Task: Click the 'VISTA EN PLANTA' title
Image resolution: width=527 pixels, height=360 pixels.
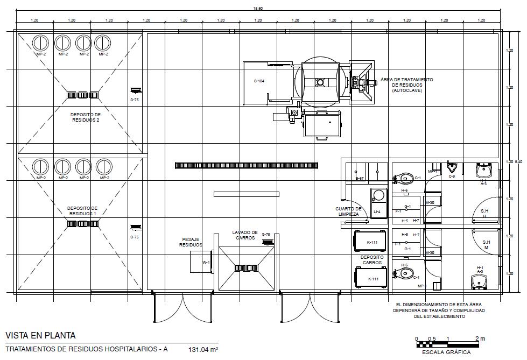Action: point(40,336)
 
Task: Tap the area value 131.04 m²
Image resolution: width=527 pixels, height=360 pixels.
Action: point(203,350)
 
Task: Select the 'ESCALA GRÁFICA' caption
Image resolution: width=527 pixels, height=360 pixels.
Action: point(446,352)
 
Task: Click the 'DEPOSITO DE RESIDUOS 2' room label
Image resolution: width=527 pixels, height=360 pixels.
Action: point(86,117)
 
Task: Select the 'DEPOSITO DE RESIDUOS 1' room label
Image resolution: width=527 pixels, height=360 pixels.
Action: point(82,210)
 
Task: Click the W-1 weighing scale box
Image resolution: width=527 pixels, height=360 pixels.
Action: point(205,263)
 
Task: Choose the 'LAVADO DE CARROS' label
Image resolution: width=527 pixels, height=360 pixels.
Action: point(245,235)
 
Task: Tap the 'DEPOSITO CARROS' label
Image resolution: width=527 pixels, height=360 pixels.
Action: point(372,260)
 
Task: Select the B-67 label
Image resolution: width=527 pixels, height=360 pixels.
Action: point(360,178)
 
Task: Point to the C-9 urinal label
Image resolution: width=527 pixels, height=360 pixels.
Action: point(452,177)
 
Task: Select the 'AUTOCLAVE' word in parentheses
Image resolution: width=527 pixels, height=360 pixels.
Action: point(406,90)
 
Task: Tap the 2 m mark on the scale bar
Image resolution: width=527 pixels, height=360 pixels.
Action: point(482,338)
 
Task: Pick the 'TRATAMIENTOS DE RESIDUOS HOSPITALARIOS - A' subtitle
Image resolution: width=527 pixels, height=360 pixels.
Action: point(87,350)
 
